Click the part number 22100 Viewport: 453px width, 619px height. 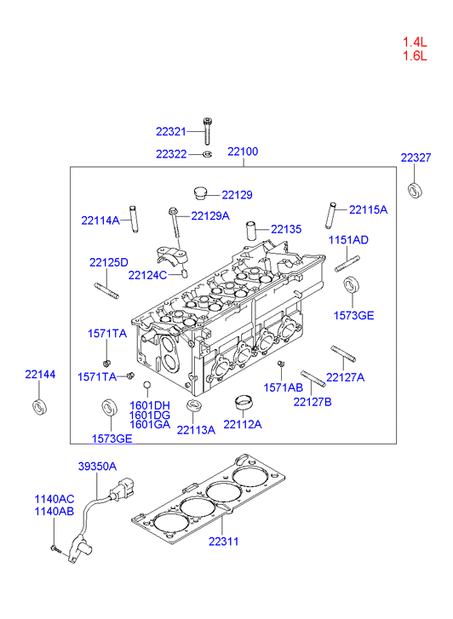tap(243, 152)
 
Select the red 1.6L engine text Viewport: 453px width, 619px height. tap(415, 55)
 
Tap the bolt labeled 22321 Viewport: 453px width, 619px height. tap(207, 131)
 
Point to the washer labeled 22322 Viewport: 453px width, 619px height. tap(208, 153)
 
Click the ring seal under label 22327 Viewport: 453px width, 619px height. tap(415, 190)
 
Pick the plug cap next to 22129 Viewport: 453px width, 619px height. tap(200, 192)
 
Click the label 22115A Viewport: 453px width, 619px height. tap(368, 209)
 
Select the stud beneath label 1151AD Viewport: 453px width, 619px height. tap(347, 264)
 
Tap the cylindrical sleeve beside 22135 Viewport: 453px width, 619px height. tap(251, 231)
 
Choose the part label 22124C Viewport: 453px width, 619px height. tap(147, 275)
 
